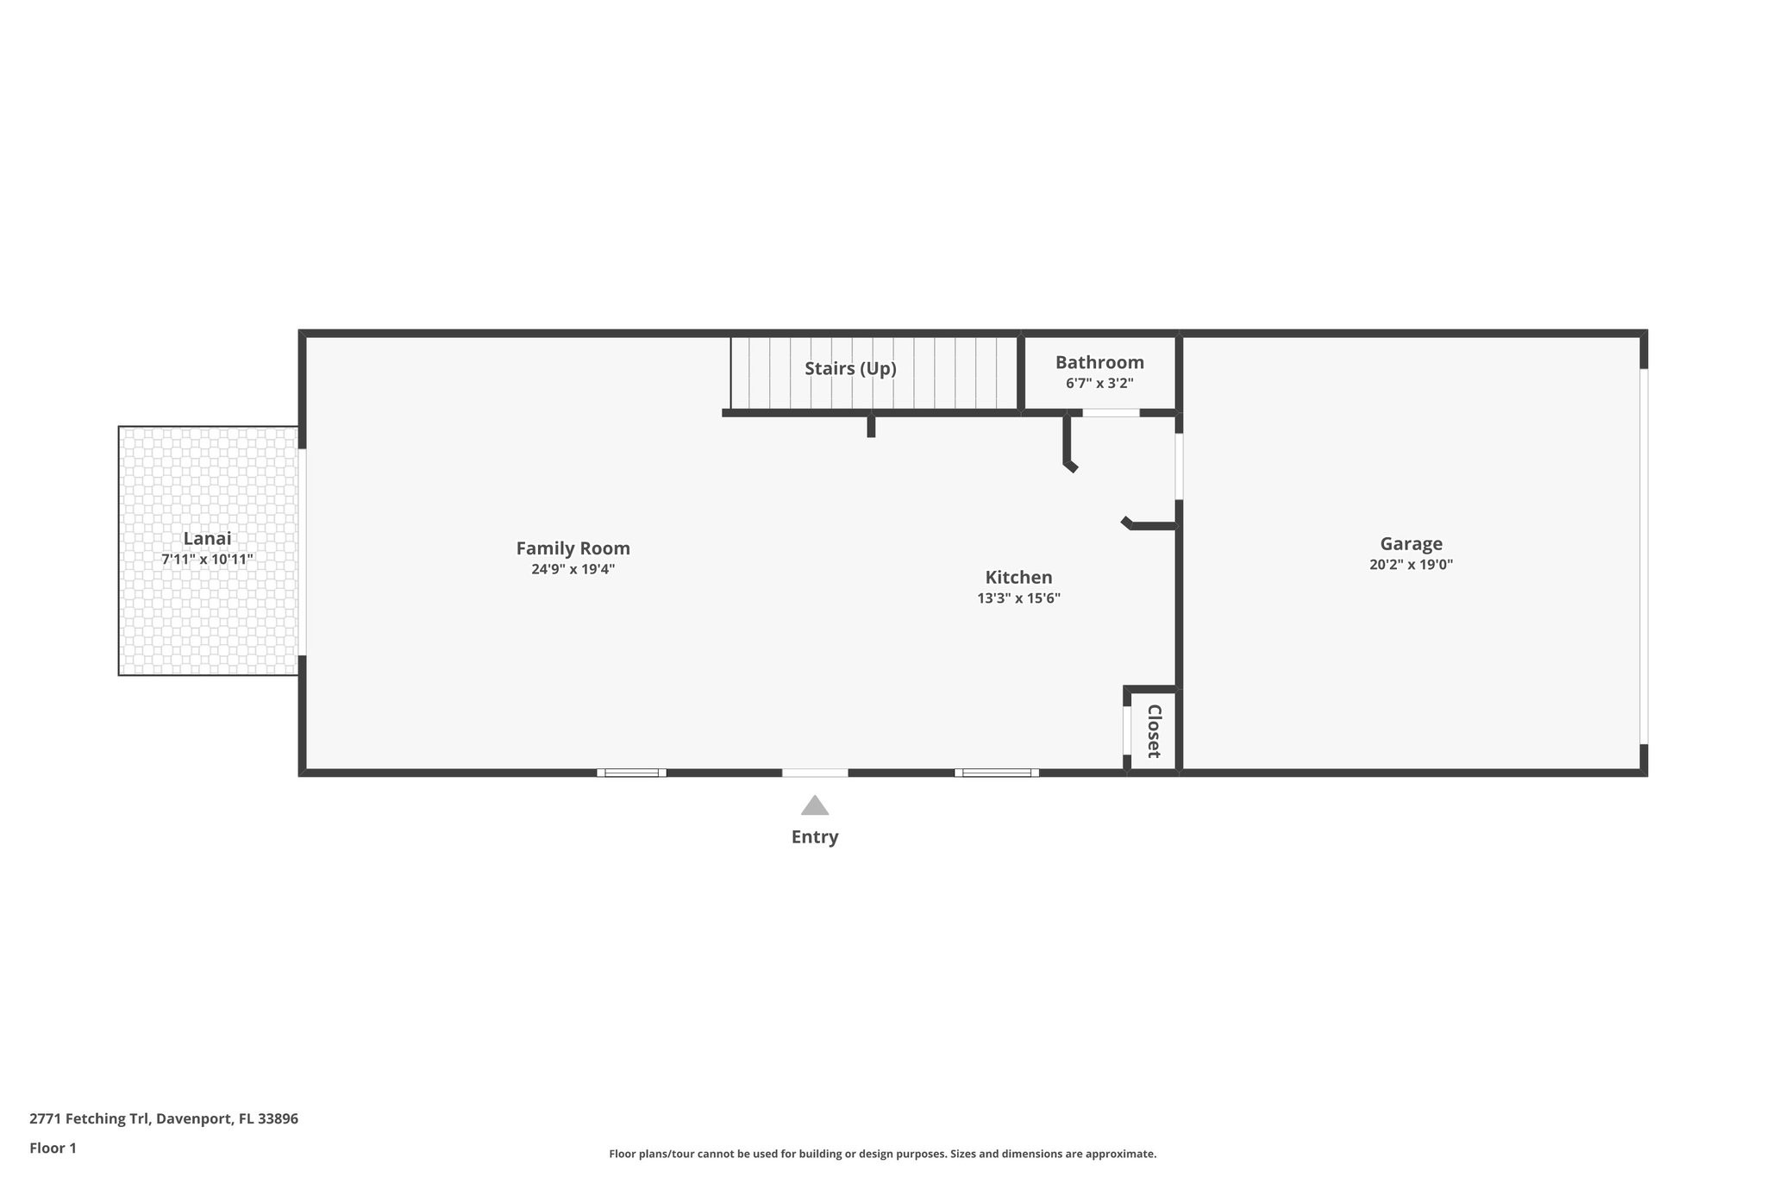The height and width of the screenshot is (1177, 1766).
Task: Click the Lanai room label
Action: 207,539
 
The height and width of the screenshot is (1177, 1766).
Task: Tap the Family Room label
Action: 573,548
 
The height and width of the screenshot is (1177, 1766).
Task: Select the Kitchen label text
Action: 1018,578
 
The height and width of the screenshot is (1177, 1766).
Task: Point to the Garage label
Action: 1411,544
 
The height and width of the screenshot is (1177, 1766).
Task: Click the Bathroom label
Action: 1099,363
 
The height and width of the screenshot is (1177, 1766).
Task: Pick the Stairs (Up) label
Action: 850,369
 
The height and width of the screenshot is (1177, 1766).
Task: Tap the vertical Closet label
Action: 1154,731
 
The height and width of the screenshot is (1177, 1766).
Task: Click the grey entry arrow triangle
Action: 815,806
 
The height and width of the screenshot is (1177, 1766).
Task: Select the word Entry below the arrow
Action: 815,837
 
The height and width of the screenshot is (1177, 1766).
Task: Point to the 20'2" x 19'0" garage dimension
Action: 1411,566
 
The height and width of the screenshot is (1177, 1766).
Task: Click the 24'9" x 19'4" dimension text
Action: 573,569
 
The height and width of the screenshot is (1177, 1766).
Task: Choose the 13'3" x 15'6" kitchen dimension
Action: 1018,598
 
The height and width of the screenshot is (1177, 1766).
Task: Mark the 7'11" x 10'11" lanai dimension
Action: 207,560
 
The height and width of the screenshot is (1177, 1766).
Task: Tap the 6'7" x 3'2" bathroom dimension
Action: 1099,384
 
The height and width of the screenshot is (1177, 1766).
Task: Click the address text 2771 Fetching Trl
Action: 164,1118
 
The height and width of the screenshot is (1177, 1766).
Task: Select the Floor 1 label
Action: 53,1148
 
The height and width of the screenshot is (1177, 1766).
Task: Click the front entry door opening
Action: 815,773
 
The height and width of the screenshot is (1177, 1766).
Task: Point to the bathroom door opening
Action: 1111,413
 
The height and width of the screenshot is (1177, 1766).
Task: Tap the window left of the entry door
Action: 631,773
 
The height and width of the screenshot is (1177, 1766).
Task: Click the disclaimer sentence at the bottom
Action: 882,1154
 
